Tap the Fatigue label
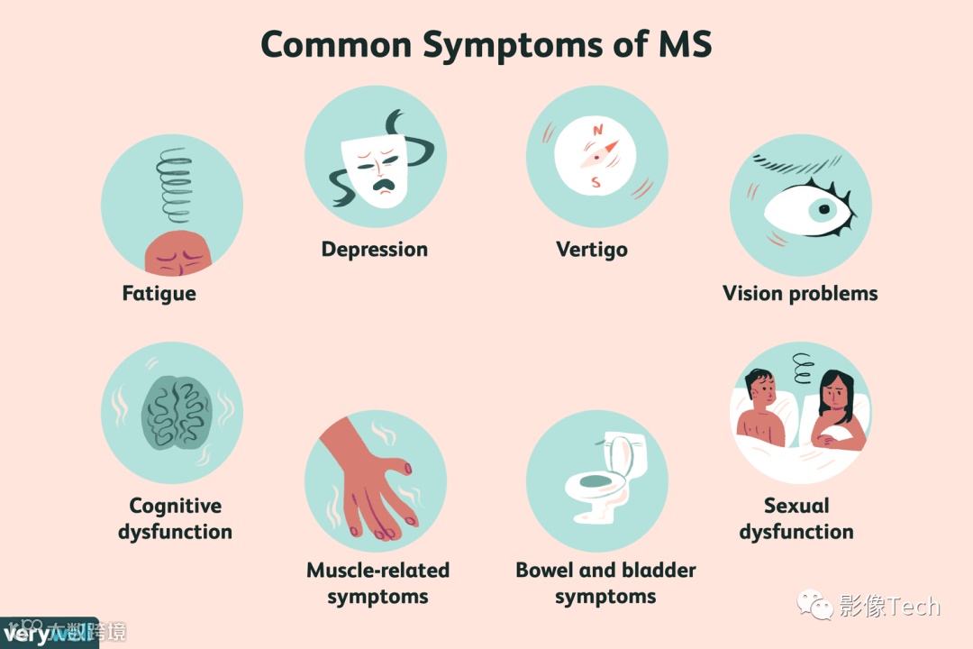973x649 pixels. (x=159, y=294)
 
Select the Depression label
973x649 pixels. (x=375, y=249)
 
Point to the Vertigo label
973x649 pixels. (x=592, y=249)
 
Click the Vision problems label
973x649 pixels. (x=800, y=293)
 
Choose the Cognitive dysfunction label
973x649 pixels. (x=175, y=518)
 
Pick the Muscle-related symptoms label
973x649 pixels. (x=377, y=583)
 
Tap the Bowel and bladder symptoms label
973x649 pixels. (x=605, y=583)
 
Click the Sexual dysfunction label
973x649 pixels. (x=796, y=518)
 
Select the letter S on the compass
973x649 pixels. (x=596, y=183)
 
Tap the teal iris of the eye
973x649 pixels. (x=822, y=210)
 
